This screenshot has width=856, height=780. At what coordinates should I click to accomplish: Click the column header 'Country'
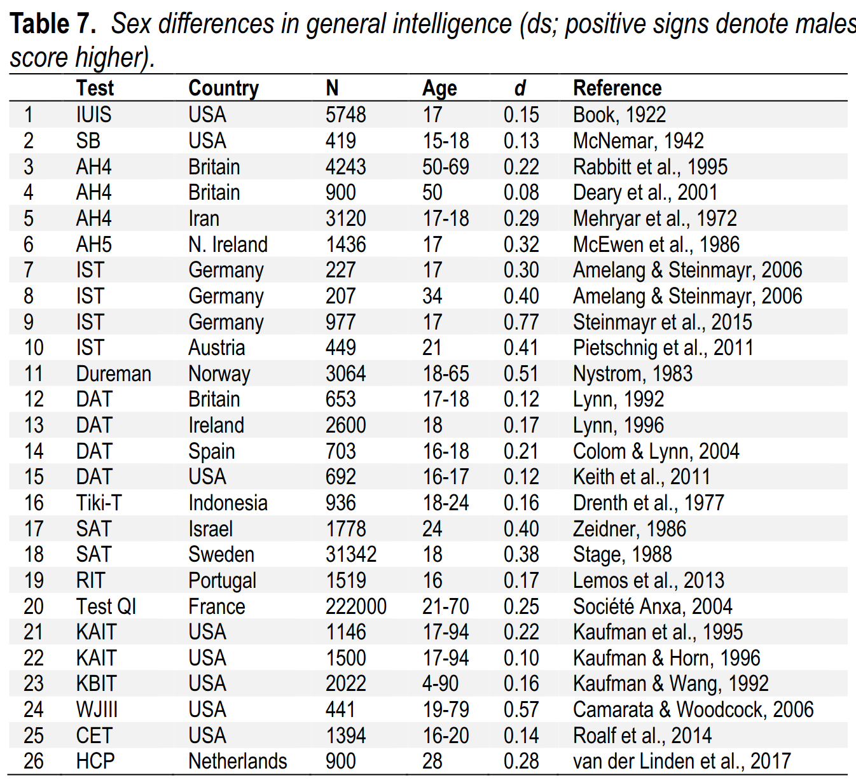click(224, 89)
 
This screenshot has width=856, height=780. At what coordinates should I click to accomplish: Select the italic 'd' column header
click(520, 88)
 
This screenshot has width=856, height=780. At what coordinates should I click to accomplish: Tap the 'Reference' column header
click(617, 88)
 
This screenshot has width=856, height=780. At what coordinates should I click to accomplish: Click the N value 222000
click(356, 606)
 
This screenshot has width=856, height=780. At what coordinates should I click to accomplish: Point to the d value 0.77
click(521, 322)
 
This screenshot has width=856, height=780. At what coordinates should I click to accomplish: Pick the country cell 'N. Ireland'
click(228, 245)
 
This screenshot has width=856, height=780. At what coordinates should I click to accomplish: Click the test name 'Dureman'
click(113, 374)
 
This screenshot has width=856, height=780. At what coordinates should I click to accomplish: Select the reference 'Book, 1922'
click(619, 115)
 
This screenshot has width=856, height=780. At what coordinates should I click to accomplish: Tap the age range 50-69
click(446, 167)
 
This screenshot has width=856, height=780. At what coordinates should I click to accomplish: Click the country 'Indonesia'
click(228, 503)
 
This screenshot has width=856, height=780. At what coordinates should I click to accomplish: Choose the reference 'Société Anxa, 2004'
click(652, 607)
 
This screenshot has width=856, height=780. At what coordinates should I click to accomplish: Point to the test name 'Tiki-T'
click(99, 503)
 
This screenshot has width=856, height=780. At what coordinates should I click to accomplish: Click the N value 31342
click(351, 555)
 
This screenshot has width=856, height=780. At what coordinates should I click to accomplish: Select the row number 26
click(33, 761)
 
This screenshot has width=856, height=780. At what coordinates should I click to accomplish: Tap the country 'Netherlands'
click(238, 761)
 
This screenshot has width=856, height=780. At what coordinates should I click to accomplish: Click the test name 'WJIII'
click(97, 709)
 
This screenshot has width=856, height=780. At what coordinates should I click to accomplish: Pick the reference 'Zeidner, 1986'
click(630, 529)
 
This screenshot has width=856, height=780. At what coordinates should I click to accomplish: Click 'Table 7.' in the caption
click(53, 24)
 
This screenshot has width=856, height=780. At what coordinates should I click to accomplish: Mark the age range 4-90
click(440, 683)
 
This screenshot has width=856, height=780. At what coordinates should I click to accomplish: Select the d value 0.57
click(521, 709)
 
